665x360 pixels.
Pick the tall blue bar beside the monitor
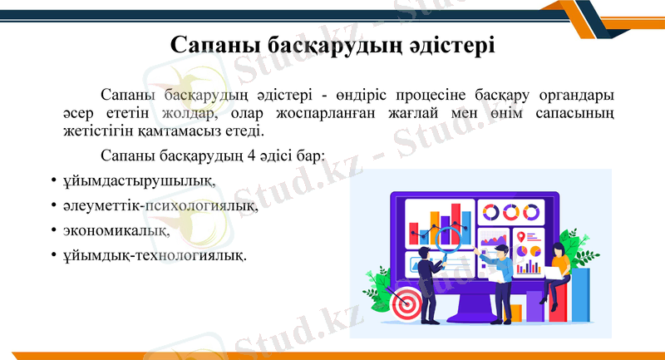tap(580, 294)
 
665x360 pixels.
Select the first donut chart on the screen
tap(489, 212)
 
